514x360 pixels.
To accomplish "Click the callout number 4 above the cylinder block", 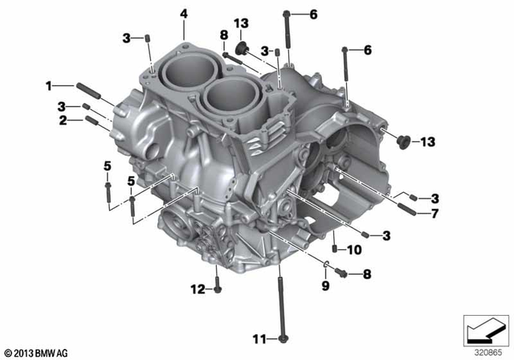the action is click(x=184, y=14).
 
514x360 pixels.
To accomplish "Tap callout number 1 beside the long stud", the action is click(x=49, y=86).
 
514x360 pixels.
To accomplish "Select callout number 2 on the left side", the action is click(x=63, y=121).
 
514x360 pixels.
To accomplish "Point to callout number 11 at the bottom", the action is click(x=259, y=339).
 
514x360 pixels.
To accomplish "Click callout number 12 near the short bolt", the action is click(x=198, y=289).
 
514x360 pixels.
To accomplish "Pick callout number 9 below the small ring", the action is click(x=325, y=285).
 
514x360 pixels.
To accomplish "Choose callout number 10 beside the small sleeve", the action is click(x=354, y=250).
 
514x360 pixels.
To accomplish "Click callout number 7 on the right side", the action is click(x=434, y=214).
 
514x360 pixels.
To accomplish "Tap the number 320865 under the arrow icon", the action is click(x=488, y=353).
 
